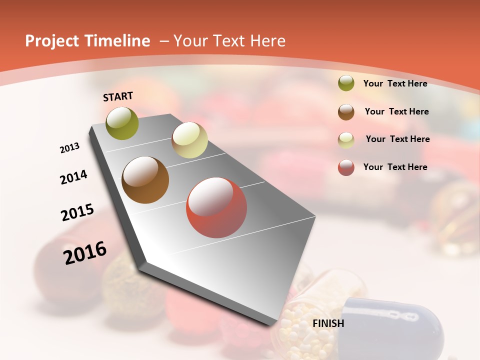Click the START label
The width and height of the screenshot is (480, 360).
click(118, 96)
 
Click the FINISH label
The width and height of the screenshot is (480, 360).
click(328, 323)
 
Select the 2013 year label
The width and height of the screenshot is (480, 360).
click(69, 148)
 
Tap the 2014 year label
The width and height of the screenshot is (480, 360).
click(74, 177)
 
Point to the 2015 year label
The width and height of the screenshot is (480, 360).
click(77, 212)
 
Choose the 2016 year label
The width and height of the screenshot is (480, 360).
click(85, 253)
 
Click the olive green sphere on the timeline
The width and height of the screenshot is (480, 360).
click(122, 123)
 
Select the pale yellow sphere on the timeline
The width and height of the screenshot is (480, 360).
click(189, 139)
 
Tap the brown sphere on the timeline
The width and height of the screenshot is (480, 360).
click(145, 180)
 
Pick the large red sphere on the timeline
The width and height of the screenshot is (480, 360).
click(216, 207)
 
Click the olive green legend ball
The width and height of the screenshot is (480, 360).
click(346, 83)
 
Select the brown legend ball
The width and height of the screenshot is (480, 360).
click(346, 111)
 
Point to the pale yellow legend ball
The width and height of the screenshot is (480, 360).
click(346, 139)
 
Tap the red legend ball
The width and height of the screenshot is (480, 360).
click(346, 167)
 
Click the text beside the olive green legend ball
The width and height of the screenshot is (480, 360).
click(395, 83)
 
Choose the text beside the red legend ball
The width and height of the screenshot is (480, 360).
click(395, 167)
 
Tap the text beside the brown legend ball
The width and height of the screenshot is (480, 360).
click(397, 111)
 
